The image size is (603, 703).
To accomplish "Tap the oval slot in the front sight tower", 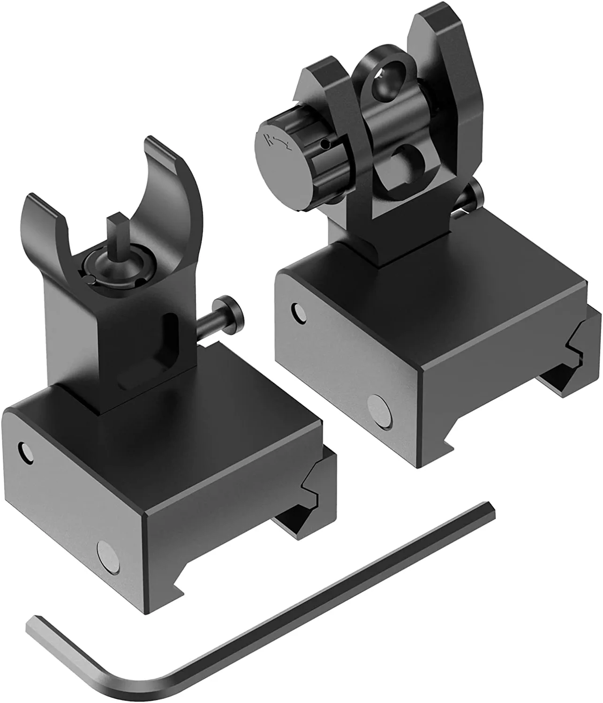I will tap(168, 332).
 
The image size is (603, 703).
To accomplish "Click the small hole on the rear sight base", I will tap(296, 310).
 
